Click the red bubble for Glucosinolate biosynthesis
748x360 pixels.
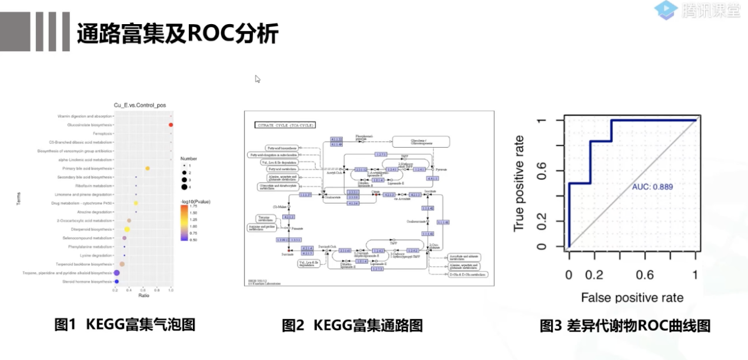(x=171, y=125)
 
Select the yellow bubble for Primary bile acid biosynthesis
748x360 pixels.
(x=148, y=169)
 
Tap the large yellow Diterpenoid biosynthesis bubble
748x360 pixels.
(x=126, y=229)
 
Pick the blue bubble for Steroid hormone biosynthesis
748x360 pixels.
(x=116, y=282)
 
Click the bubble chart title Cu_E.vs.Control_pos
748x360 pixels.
(x=140, y=105)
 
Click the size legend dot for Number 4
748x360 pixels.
(x=184, y=187)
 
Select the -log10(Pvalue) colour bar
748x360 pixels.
(x=184, y=223)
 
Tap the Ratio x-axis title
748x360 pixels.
(x=143, y=295)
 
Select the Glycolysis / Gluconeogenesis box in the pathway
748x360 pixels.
(x=421, y=141)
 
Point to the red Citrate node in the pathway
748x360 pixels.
(x=374, y=194)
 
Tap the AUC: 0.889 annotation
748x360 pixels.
(x=652, y=187)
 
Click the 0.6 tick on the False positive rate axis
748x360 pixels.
(x=645, y=275)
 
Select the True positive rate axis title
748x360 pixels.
(x=519, y=183)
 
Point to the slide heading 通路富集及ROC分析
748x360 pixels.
(x=177, y=34)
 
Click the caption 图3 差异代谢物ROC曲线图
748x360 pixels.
(x=625, y=325)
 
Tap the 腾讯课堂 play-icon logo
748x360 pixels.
(x=667, y=10)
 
